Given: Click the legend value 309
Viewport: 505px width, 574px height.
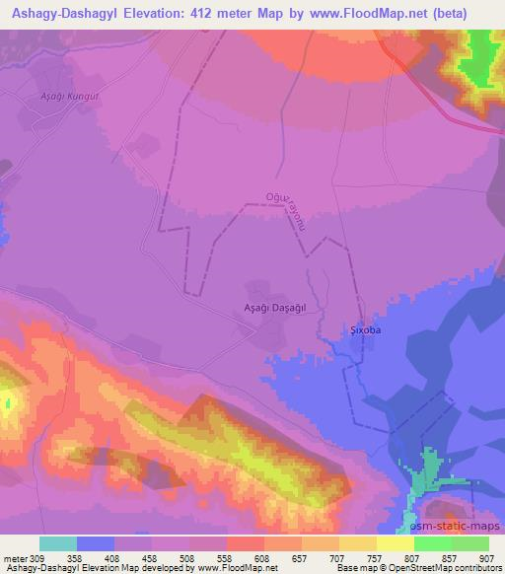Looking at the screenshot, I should point(39,558).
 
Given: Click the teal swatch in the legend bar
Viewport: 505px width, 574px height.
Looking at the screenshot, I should point(58,543).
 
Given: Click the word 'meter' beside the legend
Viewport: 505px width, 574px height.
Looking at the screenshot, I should point(13,558).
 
